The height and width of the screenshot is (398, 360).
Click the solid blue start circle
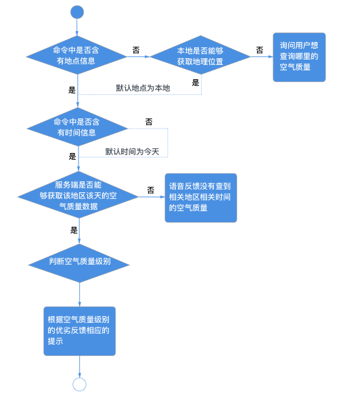[x=77, y=12]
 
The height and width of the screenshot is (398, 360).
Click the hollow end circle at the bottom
[x=79, y=384]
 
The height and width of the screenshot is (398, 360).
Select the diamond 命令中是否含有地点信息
[x=77, y=56]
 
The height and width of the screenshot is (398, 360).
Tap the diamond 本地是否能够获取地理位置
[x=200, y=56]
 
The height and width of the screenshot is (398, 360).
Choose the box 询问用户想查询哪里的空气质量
[x=299, y=57]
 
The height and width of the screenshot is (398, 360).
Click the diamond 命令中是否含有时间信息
[x=77, y=127]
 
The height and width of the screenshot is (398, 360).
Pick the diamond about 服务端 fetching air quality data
[x=77, y=196]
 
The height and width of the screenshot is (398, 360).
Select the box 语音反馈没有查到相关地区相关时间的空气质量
[x=202, y=196]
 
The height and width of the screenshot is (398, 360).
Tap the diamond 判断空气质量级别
[x=79, y=261]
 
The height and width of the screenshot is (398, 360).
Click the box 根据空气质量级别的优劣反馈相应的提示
[x=79, y=330]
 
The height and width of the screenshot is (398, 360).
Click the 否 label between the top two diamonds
[x=136, y=50]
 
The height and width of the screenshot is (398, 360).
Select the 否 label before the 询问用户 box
[x=259, y=50]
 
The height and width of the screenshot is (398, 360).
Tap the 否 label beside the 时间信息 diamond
[x=148, y=122]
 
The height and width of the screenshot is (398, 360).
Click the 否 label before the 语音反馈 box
[x=150, y=190]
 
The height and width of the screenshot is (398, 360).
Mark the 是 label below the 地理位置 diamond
[x=196, y=83]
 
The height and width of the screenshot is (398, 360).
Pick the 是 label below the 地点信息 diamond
[x=72, y=89]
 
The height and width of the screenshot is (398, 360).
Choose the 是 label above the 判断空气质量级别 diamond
[x=74, y=230]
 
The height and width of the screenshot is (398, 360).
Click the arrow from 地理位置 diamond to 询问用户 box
[x=262, y=57]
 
